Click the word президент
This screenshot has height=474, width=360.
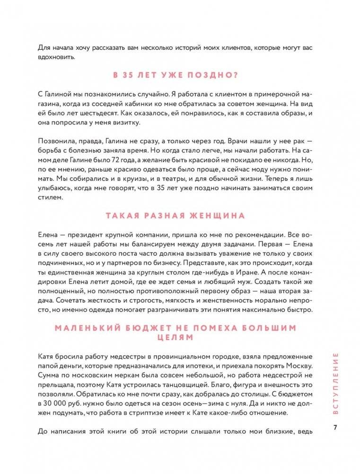(x=80, y=235)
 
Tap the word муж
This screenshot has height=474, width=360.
(x=228, y=283)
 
